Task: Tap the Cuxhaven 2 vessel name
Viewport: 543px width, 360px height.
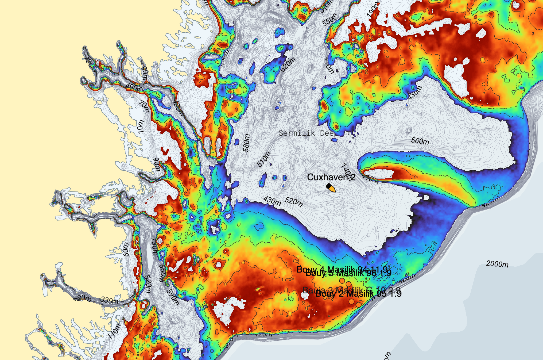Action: [331, 177]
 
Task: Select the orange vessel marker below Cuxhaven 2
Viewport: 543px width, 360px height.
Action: [331, 188]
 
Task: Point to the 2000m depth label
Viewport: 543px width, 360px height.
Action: [497, 264]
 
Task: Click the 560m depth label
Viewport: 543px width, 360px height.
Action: [420, 141]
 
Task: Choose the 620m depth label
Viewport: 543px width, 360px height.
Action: [288, 64]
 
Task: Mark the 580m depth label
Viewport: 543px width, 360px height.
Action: [246, 143]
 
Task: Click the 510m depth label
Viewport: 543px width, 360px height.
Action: [264, 159]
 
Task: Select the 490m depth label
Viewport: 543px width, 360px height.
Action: [134, 87]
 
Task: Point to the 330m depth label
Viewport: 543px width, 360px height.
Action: [109, 300]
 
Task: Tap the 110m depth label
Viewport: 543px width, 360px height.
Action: [114, 331]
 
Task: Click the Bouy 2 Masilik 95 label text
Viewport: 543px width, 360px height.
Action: [358, 294]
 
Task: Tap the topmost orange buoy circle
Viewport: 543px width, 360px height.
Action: [342, 281]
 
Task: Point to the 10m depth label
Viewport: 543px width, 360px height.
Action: [140, 127]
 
